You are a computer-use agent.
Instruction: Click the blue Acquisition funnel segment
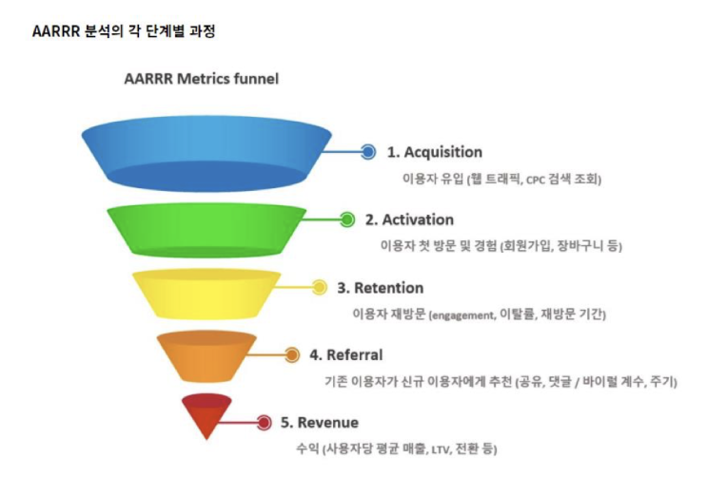tap(206, 154)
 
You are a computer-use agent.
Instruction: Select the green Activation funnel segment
tap(206, 231)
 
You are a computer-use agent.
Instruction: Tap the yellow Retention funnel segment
tap(206, 294)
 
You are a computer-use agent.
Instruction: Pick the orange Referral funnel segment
tap(206, 356)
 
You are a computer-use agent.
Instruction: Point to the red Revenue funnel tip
tap(206, 415)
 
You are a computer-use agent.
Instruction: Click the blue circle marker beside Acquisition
tap(368, 152)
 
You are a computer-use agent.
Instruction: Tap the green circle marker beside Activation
tap(347, 219)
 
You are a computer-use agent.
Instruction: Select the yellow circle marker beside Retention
tap(319, 287)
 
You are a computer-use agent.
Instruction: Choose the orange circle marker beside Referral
tap(292, 355)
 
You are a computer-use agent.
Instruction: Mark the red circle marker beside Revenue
tap(264, 423)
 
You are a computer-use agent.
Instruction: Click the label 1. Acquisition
tap(435, 152)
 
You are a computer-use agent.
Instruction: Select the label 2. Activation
tap(409, 219)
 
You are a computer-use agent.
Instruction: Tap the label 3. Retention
tap(381, 288)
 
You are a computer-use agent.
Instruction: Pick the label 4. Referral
tap(346, 355)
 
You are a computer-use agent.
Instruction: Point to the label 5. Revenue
tap(320, 423)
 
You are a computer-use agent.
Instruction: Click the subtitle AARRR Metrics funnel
tap(202, 79)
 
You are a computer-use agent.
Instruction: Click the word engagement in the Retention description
tap(462, 315)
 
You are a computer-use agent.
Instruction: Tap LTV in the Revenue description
tap(442, 450)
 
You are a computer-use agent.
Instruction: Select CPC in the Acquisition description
tap(536, 181)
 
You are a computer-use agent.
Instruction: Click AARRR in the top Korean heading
tap(56, 31)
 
